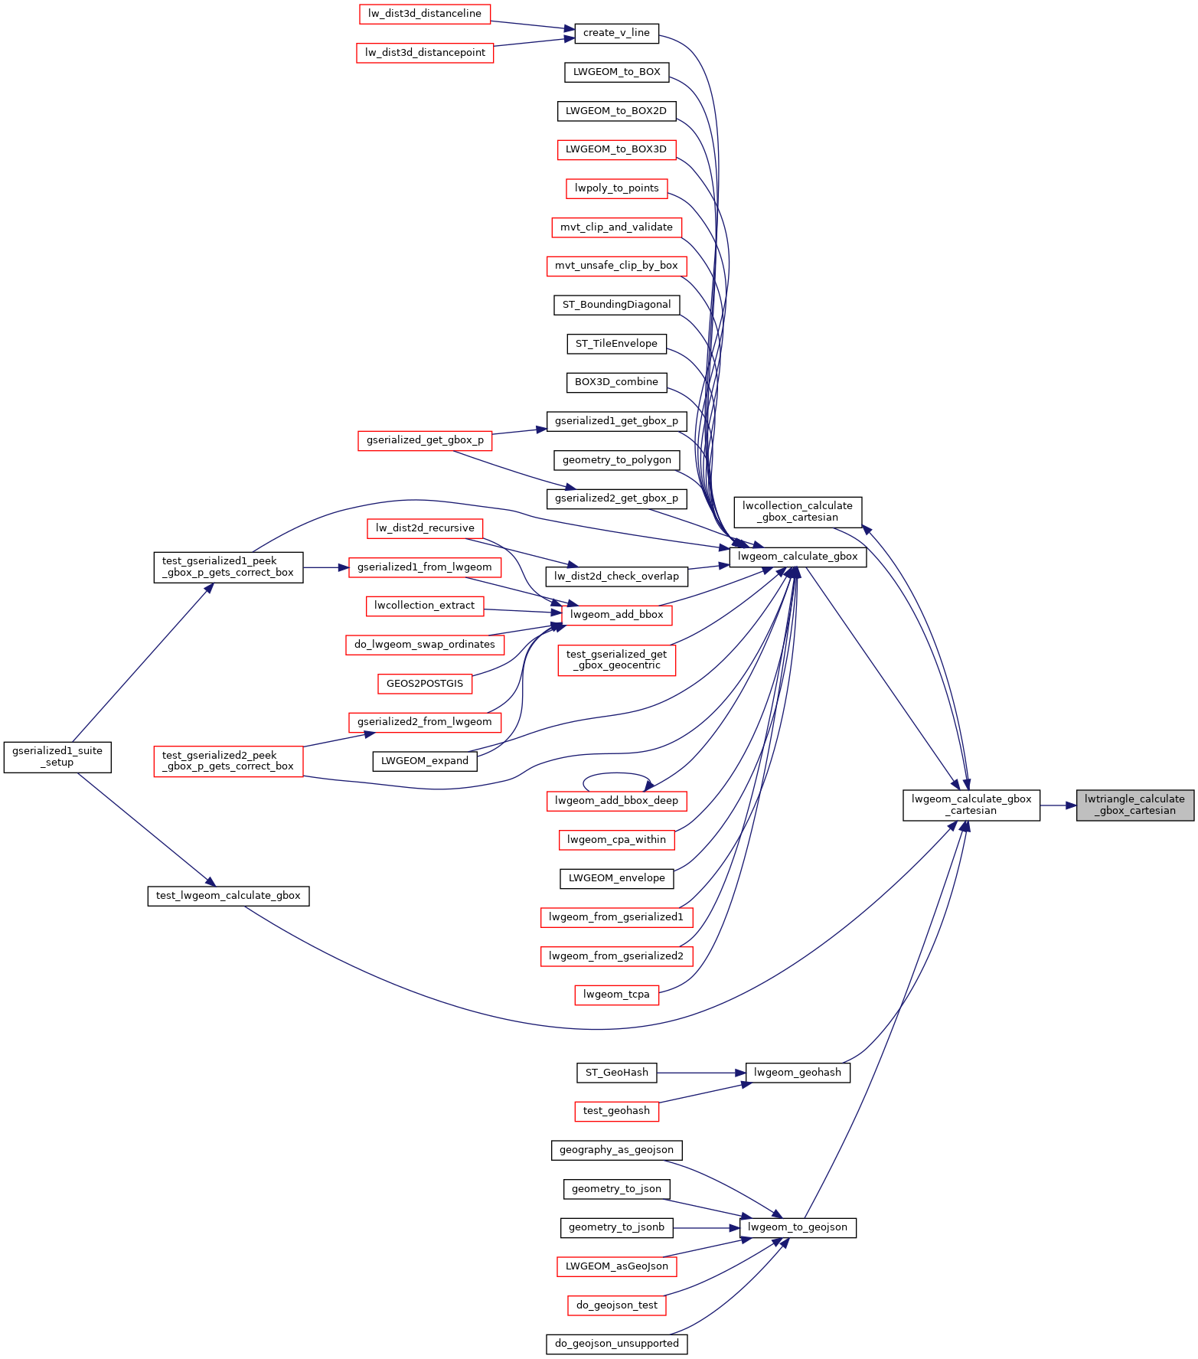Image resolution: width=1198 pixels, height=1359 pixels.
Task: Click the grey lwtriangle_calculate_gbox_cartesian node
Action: coord(1135,805)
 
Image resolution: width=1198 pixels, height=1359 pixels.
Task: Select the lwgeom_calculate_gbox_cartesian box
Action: coord(971,805)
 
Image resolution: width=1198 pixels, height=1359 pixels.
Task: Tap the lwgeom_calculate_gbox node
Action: coord(798,557)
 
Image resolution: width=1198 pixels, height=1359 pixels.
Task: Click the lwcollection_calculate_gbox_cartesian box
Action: coord(798,511)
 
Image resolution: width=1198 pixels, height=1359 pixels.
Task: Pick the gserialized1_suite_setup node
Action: coord(57,756)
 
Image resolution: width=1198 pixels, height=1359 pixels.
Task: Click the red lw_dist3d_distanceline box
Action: coord(425,14)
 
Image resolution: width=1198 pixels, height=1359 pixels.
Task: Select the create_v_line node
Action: coord(616,33)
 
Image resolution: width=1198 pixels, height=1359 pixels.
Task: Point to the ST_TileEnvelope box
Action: coord(616,344)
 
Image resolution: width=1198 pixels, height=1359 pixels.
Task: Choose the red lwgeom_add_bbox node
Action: coord(616,615)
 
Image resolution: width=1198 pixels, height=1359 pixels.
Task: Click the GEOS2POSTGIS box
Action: coord(425,684)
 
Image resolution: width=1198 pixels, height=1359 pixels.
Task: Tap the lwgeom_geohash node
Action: coord(798,1073)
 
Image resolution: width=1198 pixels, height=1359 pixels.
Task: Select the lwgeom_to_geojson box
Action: coord(798,1227)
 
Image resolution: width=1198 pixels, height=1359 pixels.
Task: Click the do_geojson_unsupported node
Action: coord(616,1344)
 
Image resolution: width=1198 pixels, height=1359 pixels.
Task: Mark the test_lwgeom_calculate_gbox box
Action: coord(228,896)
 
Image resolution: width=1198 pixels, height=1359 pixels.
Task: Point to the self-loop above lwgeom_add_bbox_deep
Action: coord(616,774)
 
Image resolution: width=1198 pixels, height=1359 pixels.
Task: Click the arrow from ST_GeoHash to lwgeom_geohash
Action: coord(701,1073)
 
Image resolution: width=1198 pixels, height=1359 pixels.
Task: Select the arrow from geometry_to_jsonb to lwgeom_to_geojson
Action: coord(707,1227)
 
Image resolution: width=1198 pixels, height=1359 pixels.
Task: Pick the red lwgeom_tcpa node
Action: coord(616,995)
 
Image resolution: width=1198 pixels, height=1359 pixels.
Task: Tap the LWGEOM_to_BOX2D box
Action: coord(616,111)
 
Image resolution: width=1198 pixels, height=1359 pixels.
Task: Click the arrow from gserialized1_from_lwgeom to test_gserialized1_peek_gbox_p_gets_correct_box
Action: coord(326,567)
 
